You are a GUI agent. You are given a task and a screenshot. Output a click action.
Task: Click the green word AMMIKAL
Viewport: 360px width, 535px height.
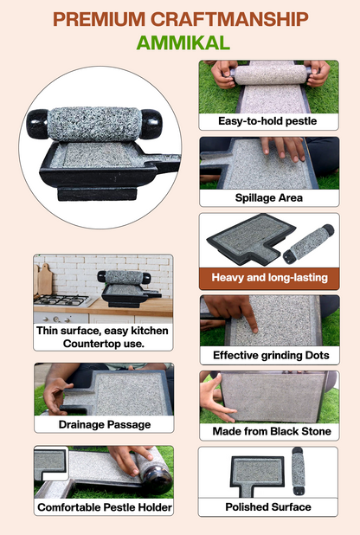pyautogui.click(x=180, y=43)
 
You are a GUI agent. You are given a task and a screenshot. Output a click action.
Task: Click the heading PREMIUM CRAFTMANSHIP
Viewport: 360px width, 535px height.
pyautogui.click(x=180, y=18)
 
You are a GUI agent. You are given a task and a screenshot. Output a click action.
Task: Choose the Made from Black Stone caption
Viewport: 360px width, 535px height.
pyautogui.click(x=269, y=431)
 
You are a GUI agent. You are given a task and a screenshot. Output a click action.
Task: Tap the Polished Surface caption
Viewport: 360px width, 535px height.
pyautogui.click(x=268, y=506)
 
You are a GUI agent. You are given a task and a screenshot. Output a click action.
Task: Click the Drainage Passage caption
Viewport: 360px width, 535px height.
pyautogui.click(x=103, y=424)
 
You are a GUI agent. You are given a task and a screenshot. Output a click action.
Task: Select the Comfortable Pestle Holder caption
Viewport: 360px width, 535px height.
pyautogui.click(x=103, y=506)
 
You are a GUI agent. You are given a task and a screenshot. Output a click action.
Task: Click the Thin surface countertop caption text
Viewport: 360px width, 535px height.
pyautogui.click(x=103, y=336)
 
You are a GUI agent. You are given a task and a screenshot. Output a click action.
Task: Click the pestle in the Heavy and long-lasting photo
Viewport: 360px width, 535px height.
pyautogui.click(x=308, y=242)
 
